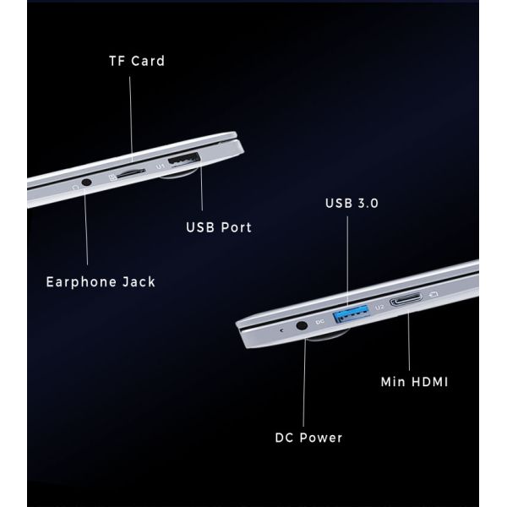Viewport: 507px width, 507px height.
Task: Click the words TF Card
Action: click(x=136, y=61)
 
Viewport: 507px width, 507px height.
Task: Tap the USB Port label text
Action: click(x=218, y=227)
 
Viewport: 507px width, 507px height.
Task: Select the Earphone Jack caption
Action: click(x=101, y=281)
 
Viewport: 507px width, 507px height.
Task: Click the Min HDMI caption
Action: click(x=413, y=382)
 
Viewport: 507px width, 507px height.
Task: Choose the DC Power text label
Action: click(x=308, y=438)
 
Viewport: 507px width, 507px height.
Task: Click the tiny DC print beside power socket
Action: click(x=319, y=322)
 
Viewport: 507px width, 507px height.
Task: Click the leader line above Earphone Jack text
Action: click(x=87, y=228)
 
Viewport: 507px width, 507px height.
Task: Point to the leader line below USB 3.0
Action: click(x=346, y=262)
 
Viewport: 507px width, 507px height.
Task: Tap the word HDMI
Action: click(x=426, y=382)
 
